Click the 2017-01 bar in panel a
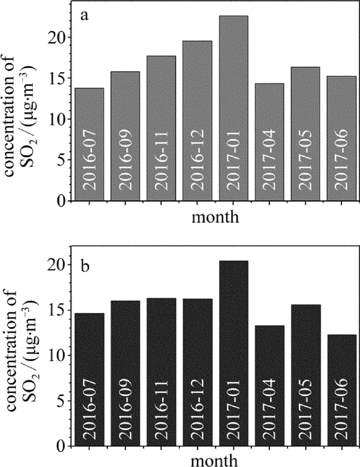(x=233, y=108)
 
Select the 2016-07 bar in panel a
(x=89, y=144)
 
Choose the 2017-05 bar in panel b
(x=305, y=375)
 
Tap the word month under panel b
(x=215, y=460)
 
